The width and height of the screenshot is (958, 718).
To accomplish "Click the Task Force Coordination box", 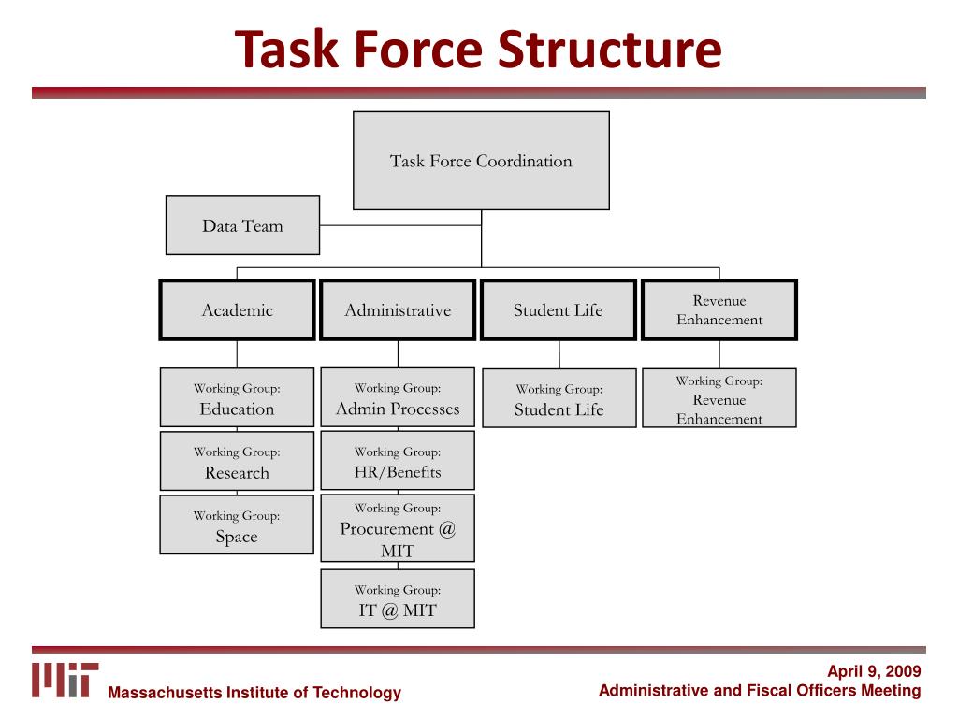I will click(481, 161).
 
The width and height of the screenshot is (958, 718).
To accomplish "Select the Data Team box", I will click(242, 225).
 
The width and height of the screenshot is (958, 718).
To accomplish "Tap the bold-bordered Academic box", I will click(237, 310).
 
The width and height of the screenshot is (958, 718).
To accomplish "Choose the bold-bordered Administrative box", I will click(398, 310).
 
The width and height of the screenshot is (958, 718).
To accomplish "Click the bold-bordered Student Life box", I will click(559, 310).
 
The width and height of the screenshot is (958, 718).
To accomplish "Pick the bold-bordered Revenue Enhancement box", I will click(719, 310).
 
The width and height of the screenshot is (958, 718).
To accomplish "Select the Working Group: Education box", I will click(237, 398).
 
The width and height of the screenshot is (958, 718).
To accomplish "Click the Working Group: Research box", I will click(237, 462).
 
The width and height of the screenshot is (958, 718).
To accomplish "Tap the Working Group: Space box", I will click(237, 525).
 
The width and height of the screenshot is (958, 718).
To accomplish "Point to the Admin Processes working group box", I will click(398, 398).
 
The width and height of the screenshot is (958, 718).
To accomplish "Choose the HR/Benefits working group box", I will click(398, 462).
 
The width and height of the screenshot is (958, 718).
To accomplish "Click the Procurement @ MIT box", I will click(398, 529).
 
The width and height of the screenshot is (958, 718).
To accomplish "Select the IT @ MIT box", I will click(398, 600).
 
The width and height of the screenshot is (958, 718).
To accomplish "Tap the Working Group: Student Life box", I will click(559, 399).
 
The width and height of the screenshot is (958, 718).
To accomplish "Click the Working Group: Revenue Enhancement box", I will click(719, 399).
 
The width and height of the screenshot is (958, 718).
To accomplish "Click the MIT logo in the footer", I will click(65, 680).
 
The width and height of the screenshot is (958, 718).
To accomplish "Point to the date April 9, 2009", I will click(874, 671).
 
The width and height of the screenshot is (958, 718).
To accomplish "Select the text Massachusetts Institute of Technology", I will click(254, 693).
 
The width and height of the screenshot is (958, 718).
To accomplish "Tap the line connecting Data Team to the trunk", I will click(400, 225).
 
